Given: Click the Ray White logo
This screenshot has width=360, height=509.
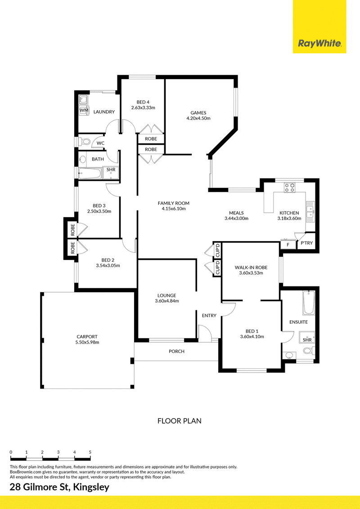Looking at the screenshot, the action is pyautogui.click(x=319, y=44).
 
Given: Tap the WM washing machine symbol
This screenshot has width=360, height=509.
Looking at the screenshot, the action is pyautogui.click(x=84, y=110).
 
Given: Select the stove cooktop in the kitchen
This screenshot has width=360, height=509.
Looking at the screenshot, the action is pyautogui.click(x=289, y=187).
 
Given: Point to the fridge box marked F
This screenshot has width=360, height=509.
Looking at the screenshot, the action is pyautogui.click(x=288, y=245).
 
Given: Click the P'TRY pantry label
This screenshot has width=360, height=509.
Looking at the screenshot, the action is pyautogui.click(x=306, y=243).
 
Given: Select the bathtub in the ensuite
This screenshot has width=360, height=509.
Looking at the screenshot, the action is pyautogui.click(x=309, y=303).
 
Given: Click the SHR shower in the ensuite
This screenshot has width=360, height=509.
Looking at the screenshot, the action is pyautogui.click(x=307, y=339).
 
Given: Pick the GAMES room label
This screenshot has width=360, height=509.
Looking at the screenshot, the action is pyautogui.click(x=198, y=113).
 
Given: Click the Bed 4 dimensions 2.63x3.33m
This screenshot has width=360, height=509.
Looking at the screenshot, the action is pyautogui.click(x=143, y=107).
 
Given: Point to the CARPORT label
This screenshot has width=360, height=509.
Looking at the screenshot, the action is pyautogui.click(x=87, y=337).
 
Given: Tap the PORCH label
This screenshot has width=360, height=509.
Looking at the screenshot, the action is pyautogui.click(x=176, y=351).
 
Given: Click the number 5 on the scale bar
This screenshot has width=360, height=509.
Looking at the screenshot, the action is pyautogui.click(x=90, y=452).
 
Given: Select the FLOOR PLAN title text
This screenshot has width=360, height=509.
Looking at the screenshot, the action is pyautogui.click(x=180, y=421).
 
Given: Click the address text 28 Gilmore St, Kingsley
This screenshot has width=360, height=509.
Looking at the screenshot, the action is pyautogui.click(x=59, y=487).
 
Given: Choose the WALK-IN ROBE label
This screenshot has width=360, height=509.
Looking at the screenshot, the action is pyautogui.click(x=251, y=268).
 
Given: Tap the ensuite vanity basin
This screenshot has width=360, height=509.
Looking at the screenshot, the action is pyautogui.click(x=289, y=356).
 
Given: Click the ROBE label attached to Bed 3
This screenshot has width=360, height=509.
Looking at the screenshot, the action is pyautogui.click(x=72, y=230).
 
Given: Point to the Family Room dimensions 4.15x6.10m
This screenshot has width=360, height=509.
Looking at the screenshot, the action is pyautogui.click(x=174, y=209).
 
